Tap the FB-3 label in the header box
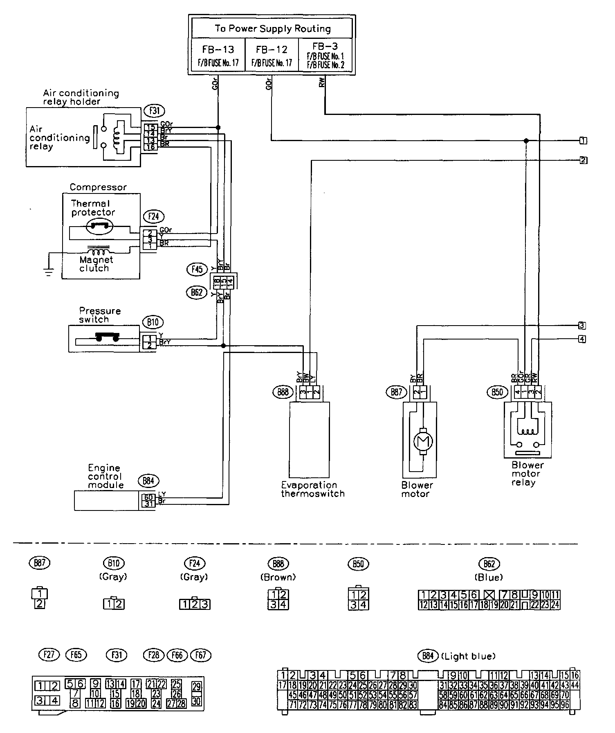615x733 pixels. click(x=325, y=46)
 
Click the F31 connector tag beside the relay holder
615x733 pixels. click(x=151, y=110)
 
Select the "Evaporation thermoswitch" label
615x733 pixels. click(x=312, y=489)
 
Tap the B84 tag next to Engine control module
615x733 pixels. click(x=148, y=481)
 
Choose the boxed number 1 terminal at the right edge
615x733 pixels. click(x=583, y=141)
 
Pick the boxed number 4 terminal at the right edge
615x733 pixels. click(x=582, y=339)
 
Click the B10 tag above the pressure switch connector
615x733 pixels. click(x=152, y=322)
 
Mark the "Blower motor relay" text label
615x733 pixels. click(x=527, y=474)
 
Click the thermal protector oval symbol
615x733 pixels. click(x=101, y=226)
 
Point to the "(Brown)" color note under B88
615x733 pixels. click(x=278, y=577)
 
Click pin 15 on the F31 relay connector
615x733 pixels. click(x=150, y=127)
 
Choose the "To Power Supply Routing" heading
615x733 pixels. click(x=272, y=29)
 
